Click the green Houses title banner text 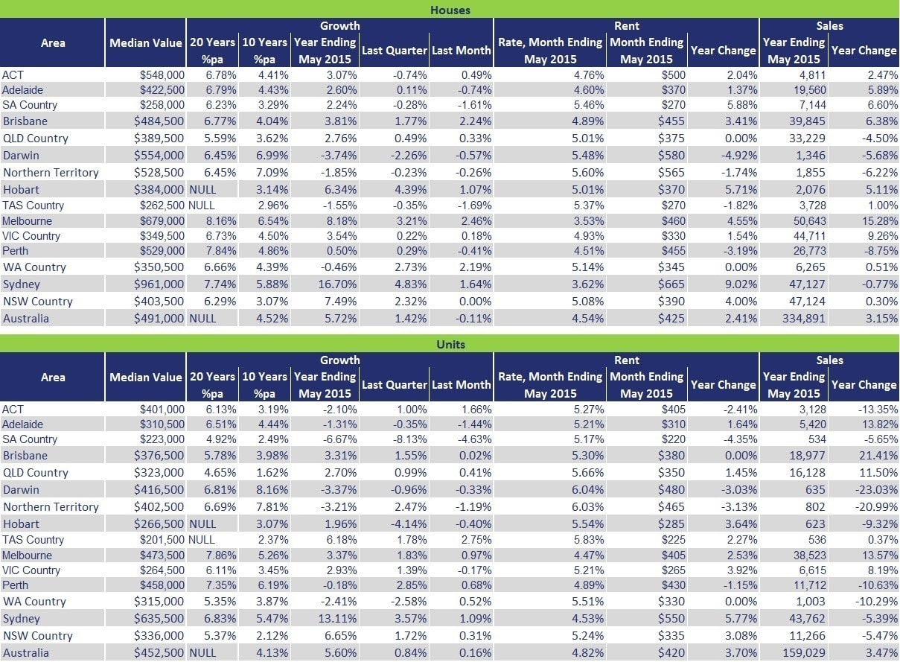coord(450,10)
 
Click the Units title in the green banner coord(450,345)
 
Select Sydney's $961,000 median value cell coord(159,284)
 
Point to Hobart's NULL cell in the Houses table coord(202,189)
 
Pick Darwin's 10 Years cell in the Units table coord(272,489)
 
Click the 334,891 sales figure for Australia coord(803,318)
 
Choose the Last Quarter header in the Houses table coord(394,50)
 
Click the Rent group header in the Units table coord(626,360)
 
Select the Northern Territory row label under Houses coord(51,173)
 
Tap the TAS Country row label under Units coord(33,539)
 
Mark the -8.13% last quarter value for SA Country coord(410,439)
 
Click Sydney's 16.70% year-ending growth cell coord(337,284)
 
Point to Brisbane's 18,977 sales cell coord(807,456)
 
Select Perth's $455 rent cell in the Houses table coord(674,250)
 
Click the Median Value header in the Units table coord(146,377)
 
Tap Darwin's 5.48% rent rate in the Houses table coord(587,155)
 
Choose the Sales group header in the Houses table coord(829,26)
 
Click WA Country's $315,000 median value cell coord(159,601)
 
